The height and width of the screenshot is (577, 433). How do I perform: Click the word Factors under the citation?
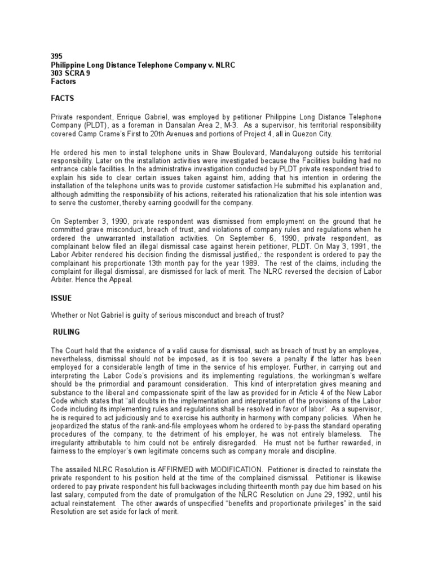(57, 81)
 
